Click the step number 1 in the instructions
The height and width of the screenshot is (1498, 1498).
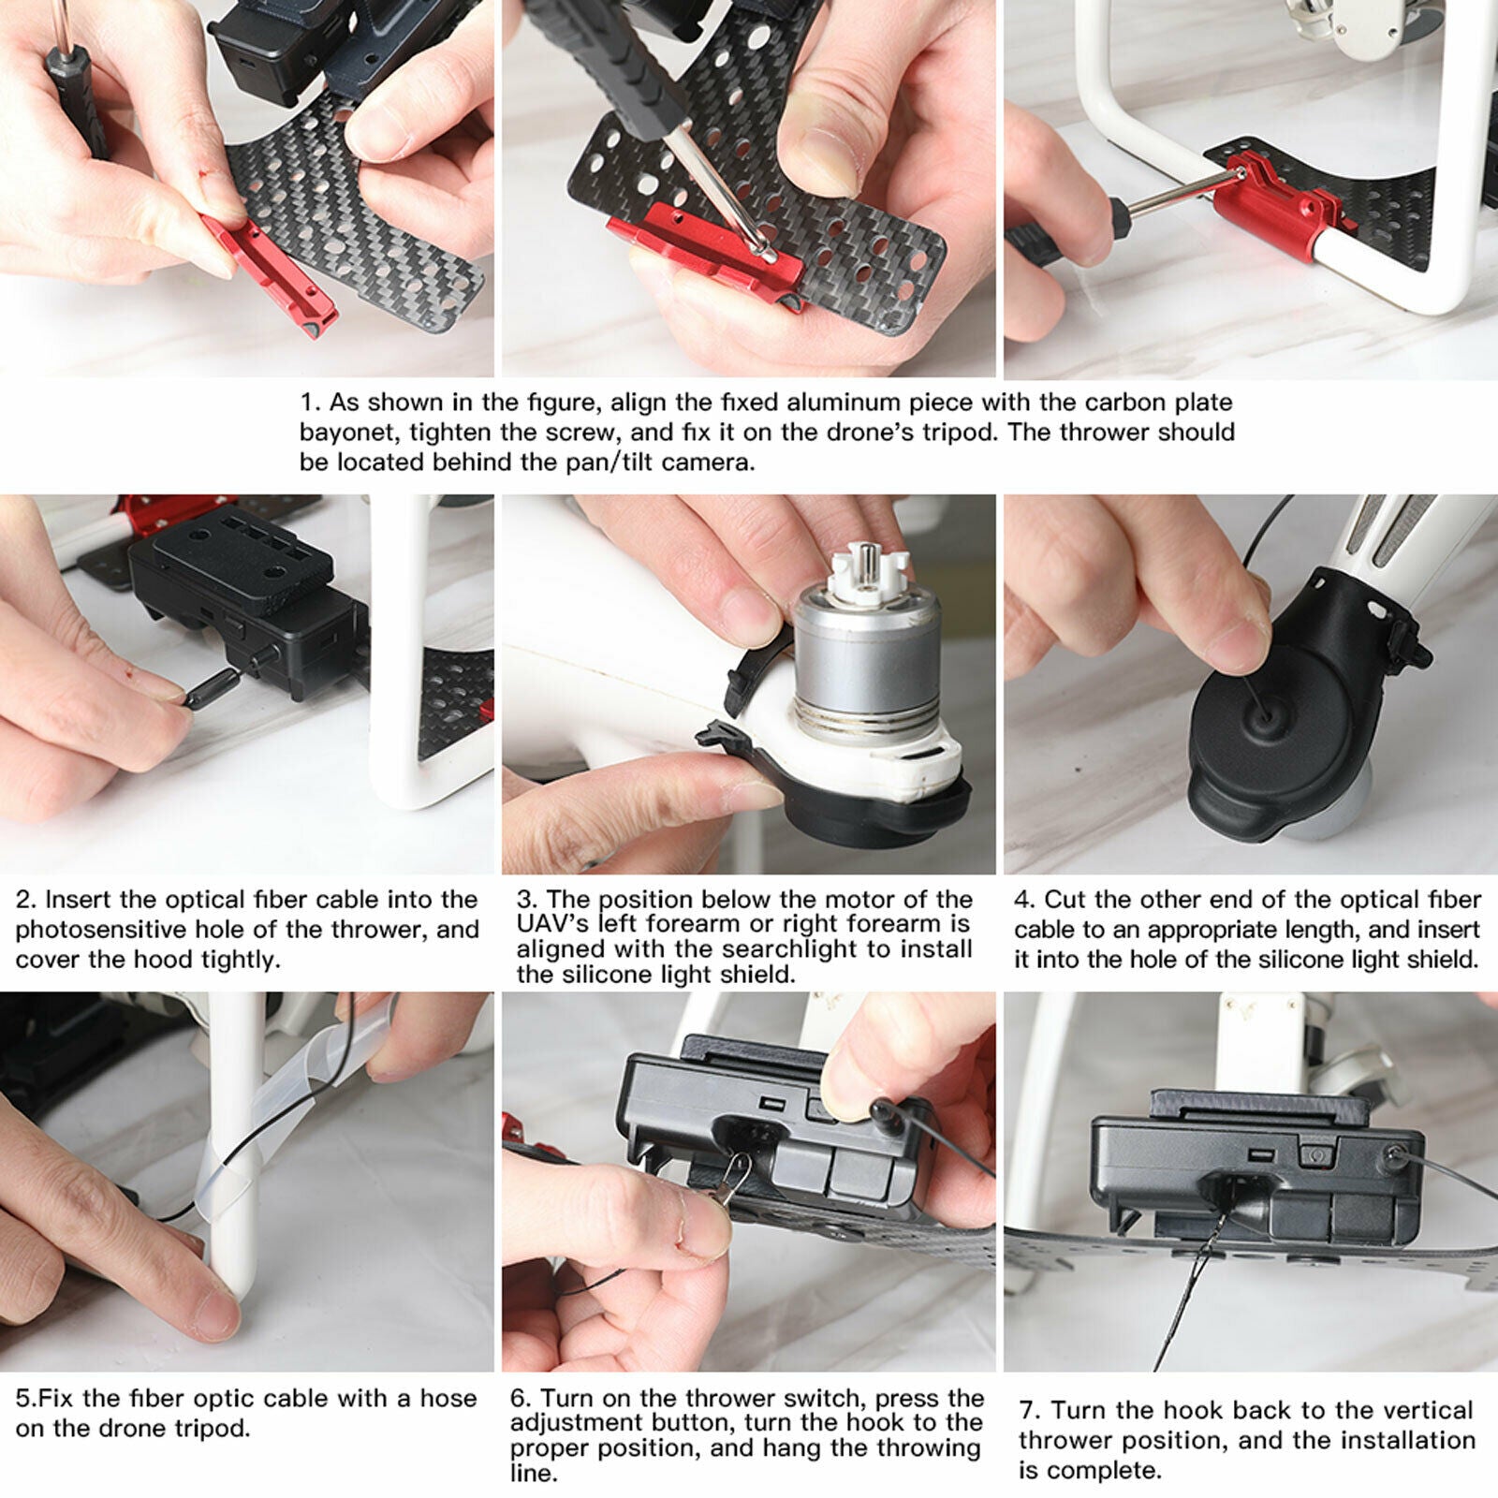pyautogui.click(x=309, y=404)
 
